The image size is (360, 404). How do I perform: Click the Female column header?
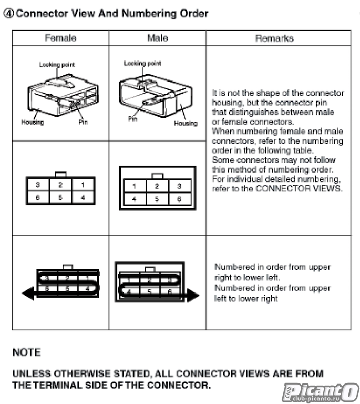tap(60, 38)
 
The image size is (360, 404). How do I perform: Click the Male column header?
tap(157, 38)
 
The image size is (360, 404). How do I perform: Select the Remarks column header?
tap(274, 38)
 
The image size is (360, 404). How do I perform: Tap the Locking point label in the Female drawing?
tap(57, 65)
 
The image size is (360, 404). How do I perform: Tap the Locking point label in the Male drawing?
tap(142, 64)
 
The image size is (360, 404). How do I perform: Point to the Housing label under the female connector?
tap(33, 122)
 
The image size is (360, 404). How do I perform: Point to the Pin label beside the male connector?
tap(132, 119)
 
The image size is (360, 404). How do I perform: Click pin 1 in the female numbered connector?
tap(83, 185)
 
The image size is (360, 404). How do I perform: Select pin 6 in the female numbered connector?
tap(38, 198)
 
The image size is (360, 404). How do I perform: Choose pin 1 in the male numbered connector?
tap(135, 186)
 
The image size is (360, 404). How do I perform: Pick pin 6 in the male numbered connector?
tap(179, 199)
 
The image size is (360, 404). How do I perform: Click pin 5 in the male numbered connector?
tap(157, 199)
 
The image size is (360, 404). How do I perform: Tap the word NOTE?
tap(26, 352)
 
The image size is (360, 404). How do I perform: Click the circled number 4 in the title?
tap(8, 14)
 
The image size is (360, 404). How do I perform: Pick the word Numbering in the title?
tap(153, 14)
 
